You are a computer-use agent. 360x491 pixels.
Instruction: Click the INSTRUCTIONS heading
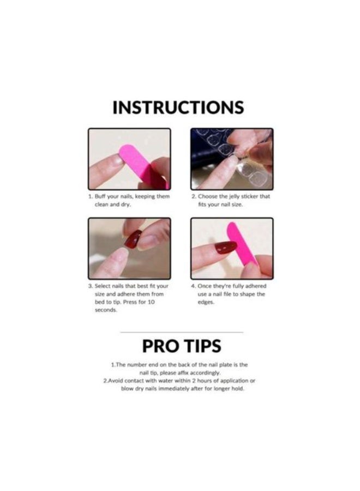pyautogui.click(x=178, y=107)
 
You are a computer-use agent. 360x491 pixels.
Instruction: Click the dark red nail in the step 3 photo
pyautogui.click(x=133, y=239)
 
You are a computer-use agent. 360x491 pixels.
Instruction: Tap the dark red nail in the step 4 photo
pyautogui.click(x=225, y=248)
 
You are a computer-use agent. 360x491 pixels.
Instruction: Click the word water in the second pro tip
pyautogui.click(x=167, y=380)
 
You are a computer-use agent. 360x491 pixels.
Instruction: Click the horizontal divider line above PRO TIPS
pyautogui.click(x=181, y=332)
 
